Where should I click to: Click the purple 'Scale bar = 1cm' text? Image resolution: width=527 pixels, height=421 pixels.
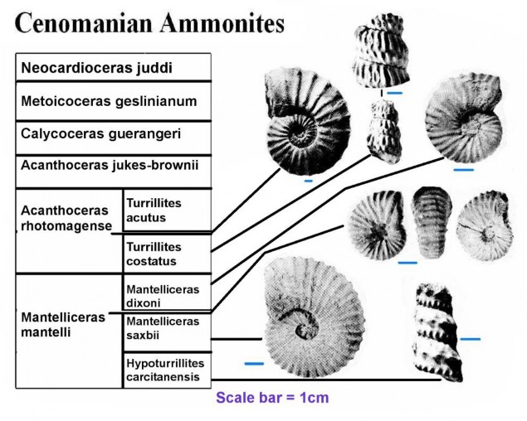coord(272,398)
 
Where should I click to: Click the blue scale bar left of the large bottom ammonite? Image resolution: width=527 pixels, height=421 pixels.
coord(254,364)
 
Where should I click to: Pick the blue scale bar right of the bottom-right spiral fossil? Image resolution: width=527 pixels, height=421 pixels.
coord(471,338)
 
